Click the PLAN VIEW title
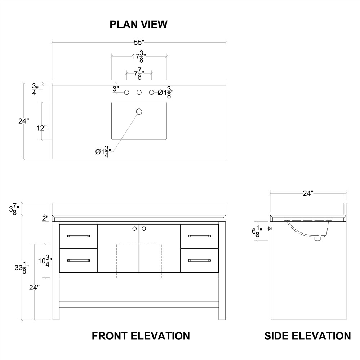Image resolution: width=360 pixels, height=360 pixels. pos(138,24)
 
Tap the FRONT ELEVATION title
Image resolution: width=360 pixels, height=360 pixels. pos(141,336)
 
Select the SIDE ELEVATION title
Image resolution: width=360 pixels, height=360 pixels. pos(307,336)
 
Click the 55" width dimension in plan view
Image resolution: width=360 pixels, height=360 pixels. pos(139,43)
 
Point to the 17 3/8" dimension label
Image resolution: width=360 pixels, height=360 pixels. pos(139,57)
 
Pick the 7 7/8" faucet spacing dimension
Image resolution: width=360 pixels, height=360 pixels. pos(139,74)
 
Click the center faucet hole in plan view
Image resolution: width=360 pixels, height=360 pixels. pos(139,93)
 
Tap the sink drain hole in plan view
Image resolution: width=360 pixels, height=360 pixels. pos(139,111)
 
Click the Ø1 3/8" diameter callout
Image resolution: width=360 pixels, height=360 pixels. pos(166,93)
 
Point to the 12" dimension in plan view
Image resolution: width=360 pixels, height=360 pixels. pos(41,128)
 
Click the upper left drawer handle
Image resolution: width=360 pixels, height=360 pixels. pos(78,236)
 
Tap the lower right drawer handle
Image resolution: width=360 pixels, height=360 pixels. pos(199,260)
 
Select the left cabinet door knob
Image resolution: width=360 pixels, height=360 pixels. pos(135,228)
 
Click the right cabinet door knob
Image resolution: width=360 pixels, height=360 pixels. pos(143,228)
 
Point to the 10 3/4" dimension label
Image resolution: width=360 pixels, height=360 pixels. pos(44,261)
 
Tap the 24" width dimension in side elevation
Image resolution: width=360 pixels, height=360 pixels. pos(308,193)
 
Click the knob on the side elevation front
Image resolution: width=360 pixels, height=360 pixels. pos(269,228)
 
